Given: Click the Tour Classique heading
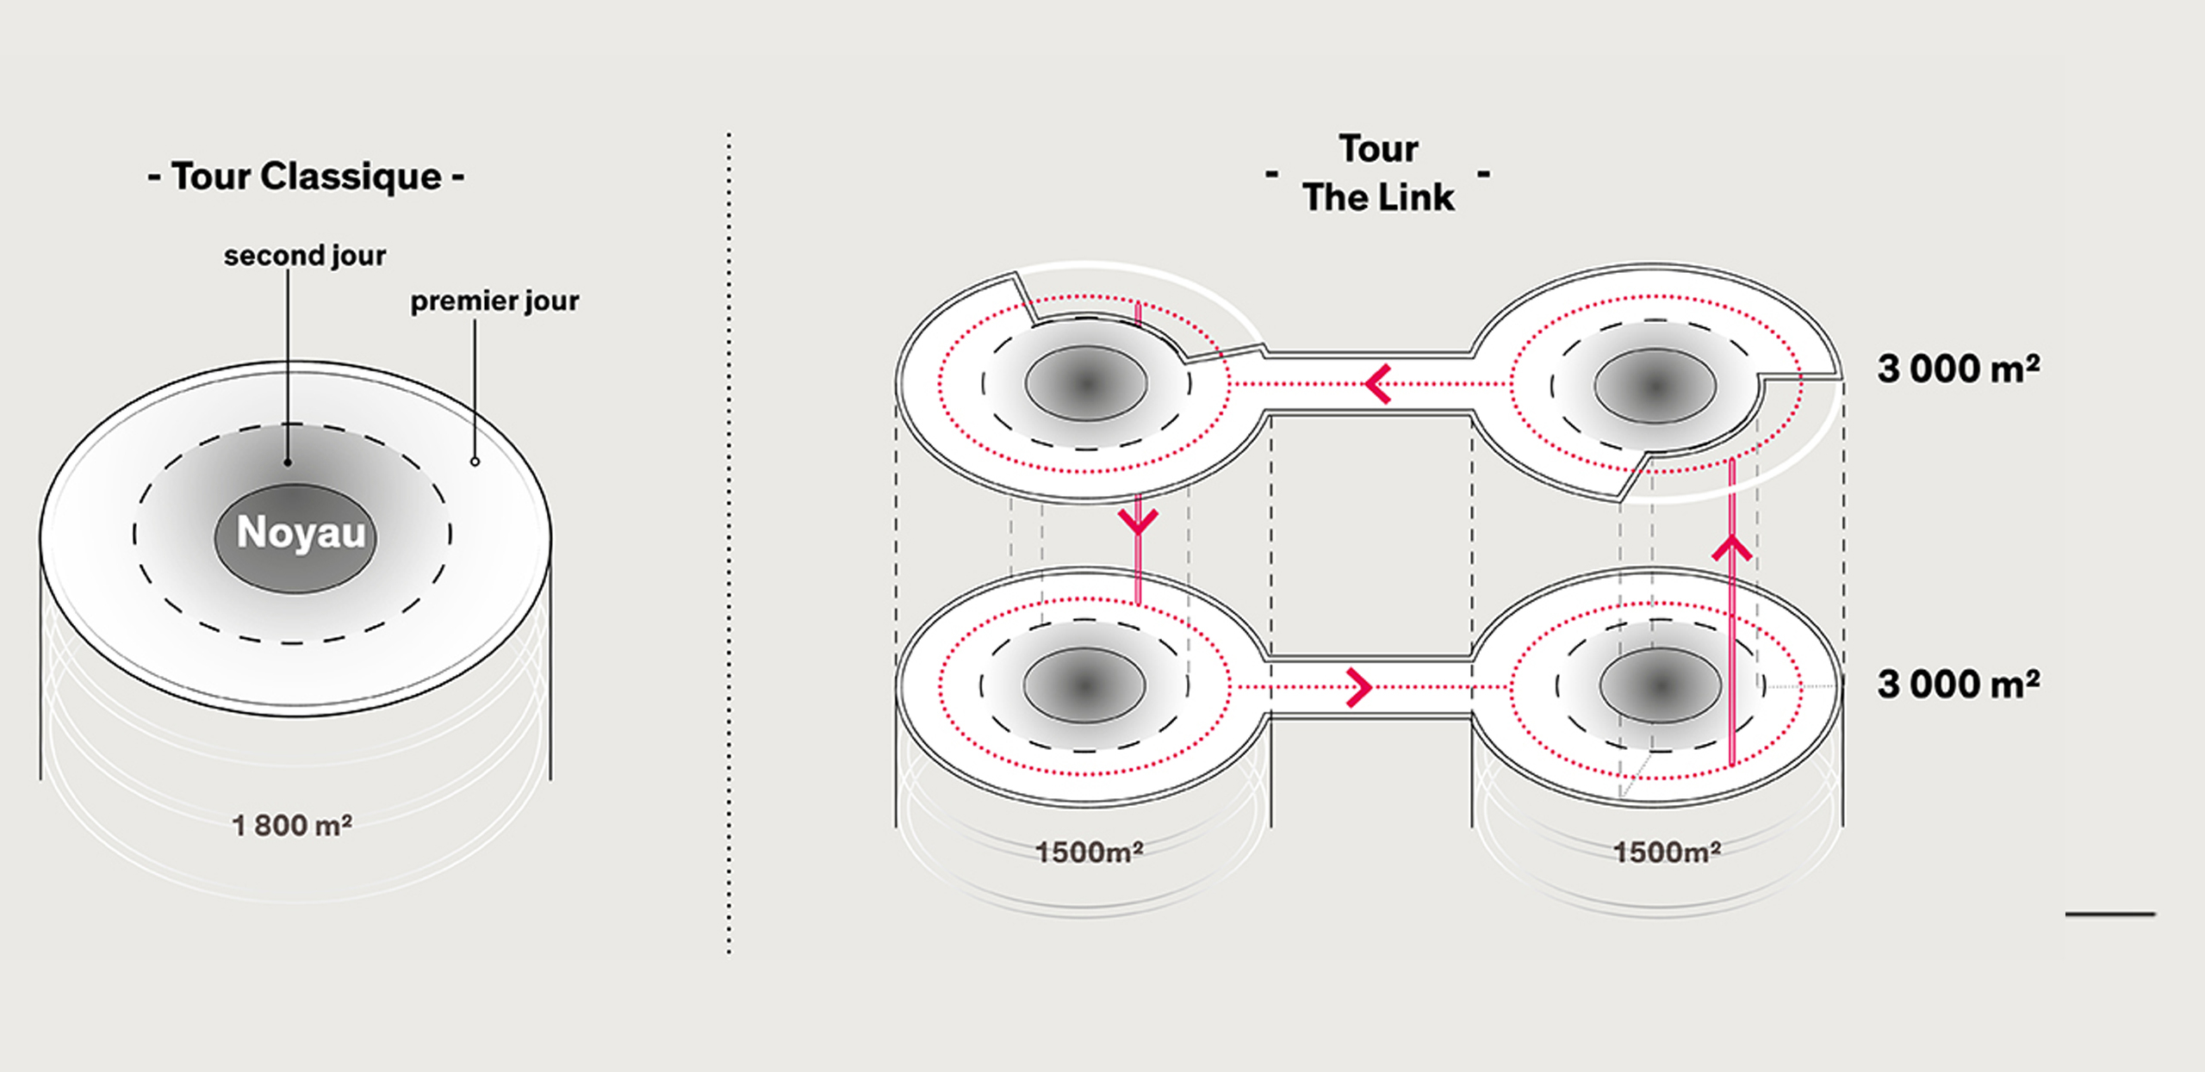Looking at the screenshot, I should click(x=306, y=177).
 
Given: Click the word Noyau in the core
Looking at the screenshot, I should click(x=301, y=532).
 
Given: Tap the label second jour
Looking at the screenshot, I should click(x=304, y=256).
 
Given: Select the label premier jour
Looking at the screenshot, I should click(x=494, y=301).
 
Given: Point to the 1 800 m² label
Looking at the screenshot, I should click(x=292, y=826).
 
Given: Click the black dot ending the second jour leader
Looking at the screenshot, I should click(x=288, y=462).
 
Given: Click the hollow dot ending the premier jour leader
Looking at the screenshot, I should click(x=475, y=462).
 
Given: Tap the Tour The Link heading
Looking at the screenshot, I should click(x=1378, y=173).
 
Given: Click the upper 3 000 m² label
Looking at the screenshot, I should click(x=1958, y=369).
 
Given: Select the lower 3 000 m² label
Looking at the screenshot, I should click(x=1958, y=685).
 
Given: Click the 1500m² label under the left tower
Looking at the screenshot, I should click(x=1089, y=852).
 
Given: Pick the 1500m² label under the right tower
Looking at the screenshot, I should click(x=1667, y=852).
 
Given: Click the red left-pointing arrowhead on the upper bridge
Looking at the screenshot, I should click(x=1377, y=384).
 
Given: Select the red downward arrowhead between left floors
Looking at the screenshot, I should click(x=1138, y=522).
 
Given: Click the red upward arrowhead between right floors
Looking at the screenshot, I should click(x=1732, y=548).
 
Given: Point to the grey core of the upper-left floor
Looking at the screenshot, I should click(x=1085, y=384).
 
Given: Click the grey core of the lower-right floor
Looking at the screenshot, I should click(x=1660, y=685).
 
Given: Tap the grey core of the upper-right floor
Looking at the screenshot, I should click(x=1654, y=386).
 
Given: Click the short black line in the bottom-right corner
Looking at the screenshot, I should click(x=2109, y=914).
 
